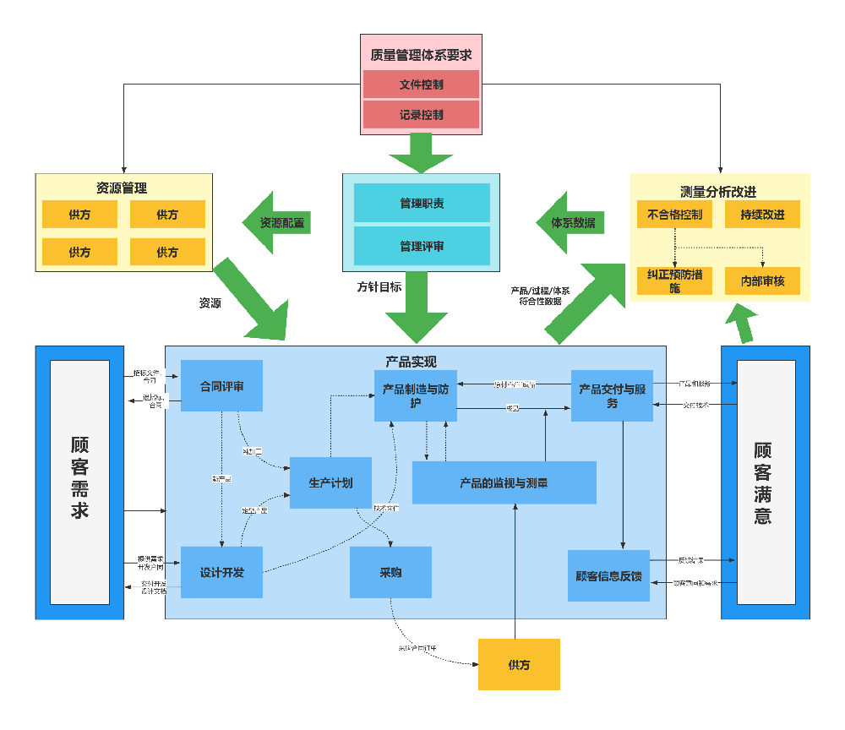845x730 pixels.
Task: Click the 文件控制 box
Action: pos(421,84)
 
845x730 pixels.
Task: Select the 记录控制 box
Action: pos(421,114)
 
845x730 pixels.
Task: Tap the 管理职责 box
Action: pos(422,204)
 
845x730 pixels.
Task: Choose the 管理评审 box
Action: pos(422,246)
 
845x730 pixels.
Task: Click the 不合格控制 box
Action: pos(674,215)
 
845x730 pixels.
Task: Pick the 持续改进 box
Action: pos(762,215)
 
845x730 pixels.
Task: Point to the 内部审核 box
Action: pos(762,281)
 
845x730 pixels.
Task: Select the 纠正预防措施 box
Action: pos(674,281)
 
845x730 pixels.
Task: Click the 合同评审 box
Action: pos(221,386)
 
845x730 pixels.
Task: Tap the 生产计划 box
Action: pos(330,482)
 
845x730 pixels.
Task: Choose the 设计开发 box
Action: pos(221,572)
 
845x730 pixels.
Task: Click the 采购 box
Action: pos(390,572)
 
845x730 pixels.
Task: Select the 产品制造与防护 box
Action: pos(415,395)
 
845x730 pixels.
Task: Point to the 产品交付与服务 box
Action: pos(612,395)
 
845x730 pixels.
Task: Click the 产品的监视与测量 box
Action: pos(504,482)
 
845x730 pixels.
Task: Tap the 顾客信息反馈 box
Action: pos(608,575)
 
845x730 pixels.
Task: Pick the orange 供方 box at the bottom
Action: pos(519,664)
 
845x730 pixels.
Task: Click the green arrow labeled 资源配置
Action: pos(278,223)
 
